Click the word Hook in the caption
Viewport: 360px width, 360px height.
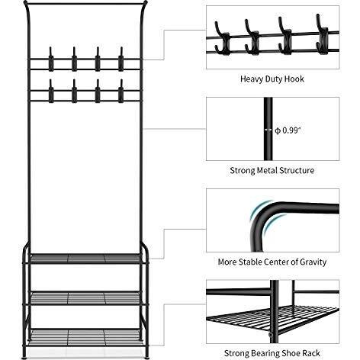coord(294,79)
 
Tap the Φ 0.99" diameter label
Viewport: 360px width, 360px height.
coord(288,130)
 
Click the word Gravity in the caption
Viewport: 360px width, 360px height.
coord(313,262)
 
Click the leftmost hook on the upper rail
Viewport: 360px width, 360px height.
coord(51,59)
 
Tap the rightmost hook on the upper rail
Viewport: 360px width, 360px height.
coord(121,59)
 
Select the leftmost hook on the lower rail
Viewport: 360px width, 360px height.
coord(51,91)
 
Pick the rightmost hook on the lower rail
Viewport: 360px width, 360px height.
coord(121,91)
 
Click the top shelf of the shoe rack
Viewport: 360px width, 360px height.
coord(85,259)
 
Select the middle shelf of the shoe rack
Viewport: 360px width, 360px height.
coord(85,297)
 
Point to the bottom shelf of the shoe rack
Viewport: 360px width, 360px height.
coord(85,337)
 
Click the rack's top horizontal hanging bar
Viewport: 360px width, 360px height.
coord(85,4)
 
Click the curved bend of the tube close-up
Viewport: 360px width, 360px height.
coord(262,215)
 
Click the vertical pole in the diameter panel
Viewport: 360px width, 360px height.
coord(268,129)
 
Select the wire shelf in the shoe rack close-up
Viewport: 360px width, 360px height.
coord(272,319)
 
